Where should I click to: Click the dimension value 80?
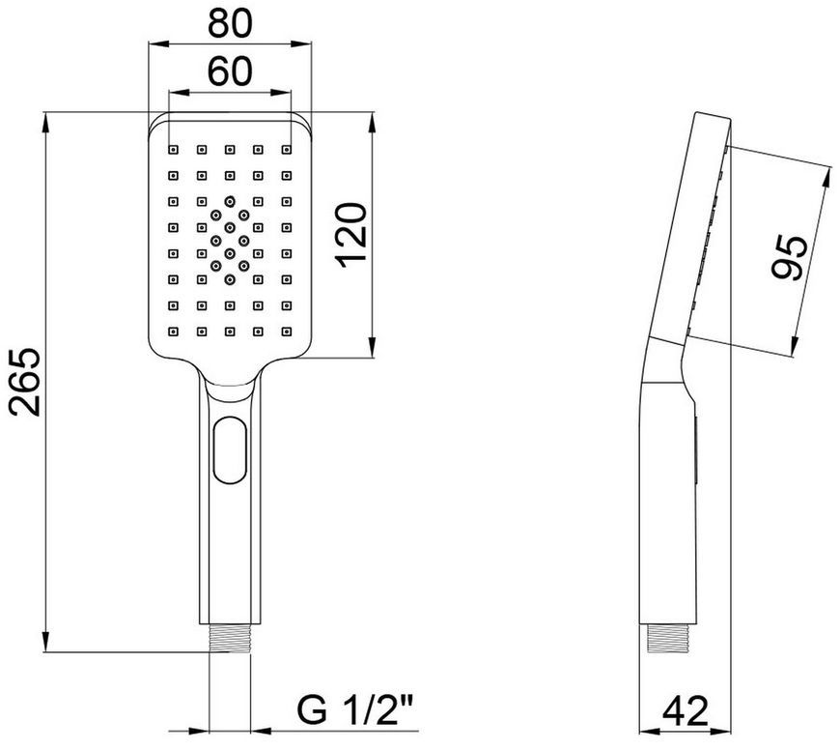230,23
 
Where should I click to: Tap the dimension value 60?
230,72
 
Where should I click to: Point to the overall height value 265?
25,382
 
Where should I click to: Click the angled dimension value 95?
789,257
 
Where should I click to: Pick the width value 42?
686,711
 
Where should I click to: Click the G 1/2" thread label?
357,711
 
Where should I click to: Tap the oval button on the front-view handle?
231,449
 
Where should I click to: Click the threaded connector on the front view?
230,638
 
